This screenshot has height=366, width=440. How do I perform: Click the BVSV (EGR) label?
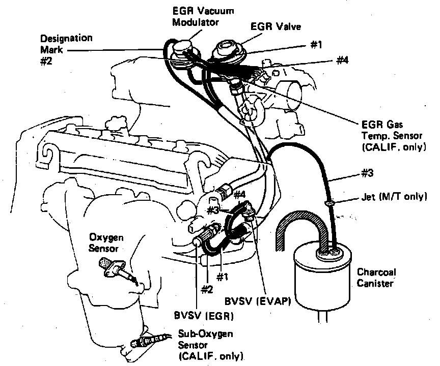(x=203, y=316)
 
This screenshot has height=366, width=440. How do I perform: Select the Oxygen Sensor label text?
(x=107, y=243)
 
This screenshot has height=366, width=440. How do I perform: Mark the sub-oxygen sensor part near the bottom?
(x=148, y=339)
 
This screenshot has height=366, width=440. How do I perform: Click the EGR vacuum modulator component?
(x=182, y=52)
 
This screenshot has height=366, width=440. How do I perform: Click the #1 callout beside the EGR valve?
(x=316, y=45)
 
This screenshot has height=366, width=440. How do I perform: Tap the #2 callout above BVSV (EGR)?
(x=207, y=290)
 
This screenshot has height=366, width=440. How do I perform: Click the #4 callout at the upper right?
(x=342, y=60)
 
